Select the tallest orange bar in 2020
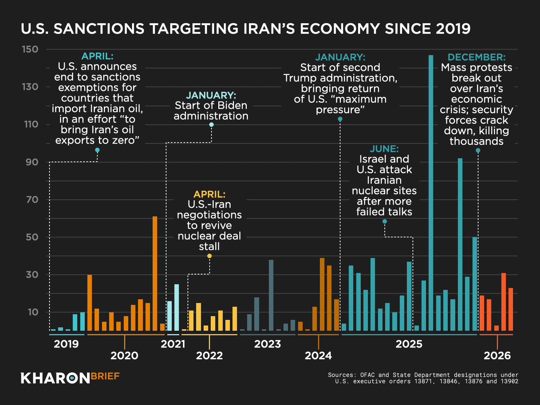click(155, 273)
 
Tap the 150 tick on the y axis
click(30, 49)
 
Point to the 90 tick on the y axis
click(32, 162)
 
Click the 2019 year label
click(66, 344)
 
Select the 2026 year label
click(497, 355)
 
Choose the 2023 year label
click(267, 344)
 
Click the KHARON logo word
click(55, 378)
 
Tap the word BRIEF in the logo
click(105, 376)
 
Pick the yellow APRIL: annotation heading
click(209, 194)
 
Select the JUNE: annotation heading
click(384, 149)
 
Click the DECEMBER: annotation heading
click(476, 57)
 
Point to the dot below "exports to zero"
click(97, 150)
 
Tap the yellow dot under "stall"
click(209, 256)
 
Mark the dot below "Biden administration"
click(211, 124)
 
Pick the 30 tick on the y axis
click(32, 274)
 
